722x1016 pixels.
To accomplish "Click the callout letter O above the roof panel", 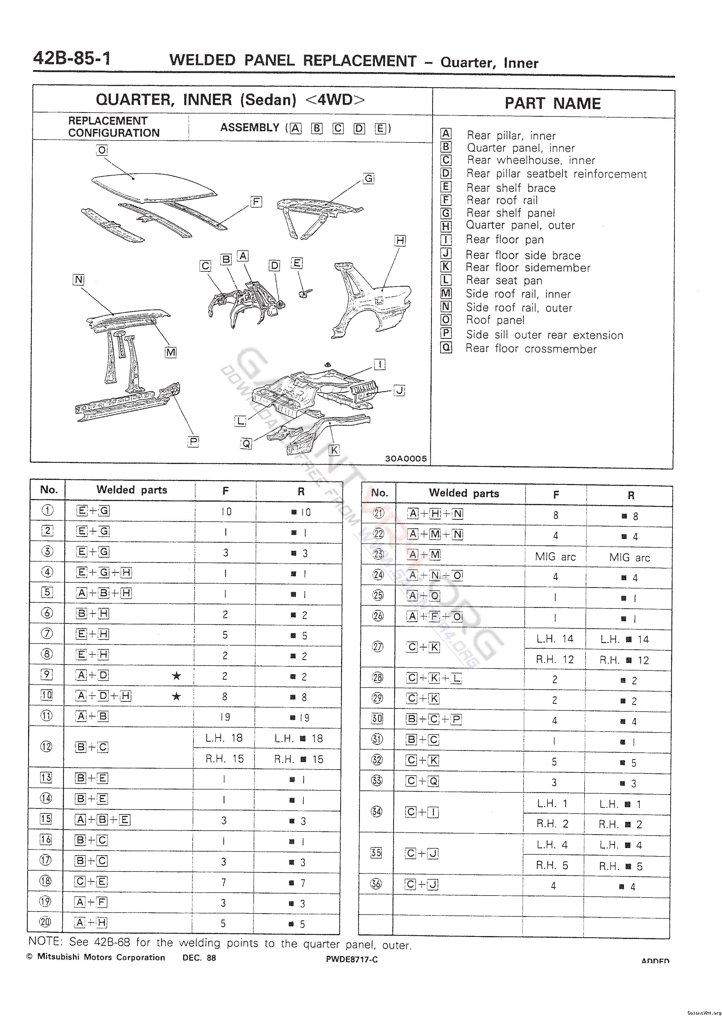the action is click(102, 150).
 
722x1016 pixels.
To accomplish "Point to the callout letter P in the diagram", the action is click(193, 441).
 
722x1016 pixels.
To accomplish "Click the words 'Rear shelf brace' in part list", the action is click(511, 188).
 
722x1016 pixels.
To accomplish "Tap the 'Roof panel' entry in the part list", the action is click(495, 320).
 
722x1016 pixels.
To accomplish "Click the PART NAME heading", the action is click(552, 103).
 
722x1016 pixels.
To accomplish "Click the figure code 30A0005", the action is click(406, 458).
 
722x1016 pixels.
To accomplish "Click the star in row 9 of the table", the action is click(176, 676).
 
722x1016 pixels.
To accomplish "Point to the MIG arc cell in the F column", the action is click(555, 557).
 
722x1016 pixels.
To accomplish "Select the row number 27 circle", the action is click(378, 647).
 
